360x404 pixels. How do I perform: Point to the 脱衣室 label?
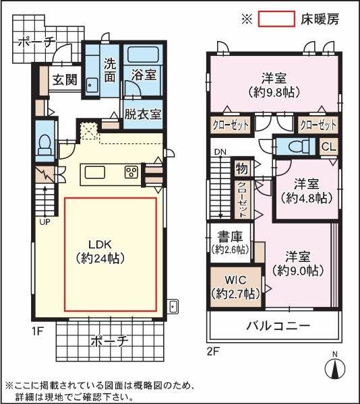click(142, 114)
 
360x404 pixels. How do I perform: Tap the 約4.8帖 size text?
click(305, 198)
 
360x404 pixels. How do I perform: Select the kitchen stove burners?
click(131, 172)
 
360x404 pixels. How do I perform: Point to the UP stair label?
click(45, 222)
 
